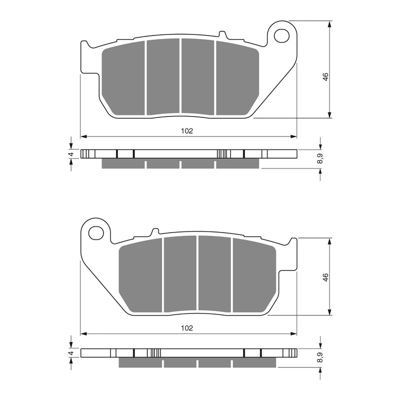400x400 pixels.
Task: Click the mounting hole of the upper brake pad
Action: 281,35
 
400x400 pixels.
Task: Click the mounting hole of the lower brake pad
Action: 96,232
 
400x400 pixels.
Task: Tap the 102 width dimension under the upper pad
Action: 187,131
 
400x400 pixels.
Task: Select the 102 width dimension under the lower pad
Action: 187,328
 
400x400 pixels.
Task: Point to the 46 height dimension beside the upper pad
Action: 325,76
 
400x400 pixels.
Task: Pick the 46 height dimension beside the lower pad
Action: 325,277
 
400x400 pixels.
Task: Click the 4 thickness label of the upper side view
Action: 72,154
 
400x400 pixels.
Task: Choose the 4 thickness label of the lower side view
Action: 72,353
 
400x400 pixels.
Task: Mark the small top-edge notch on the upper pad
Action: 222,34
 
